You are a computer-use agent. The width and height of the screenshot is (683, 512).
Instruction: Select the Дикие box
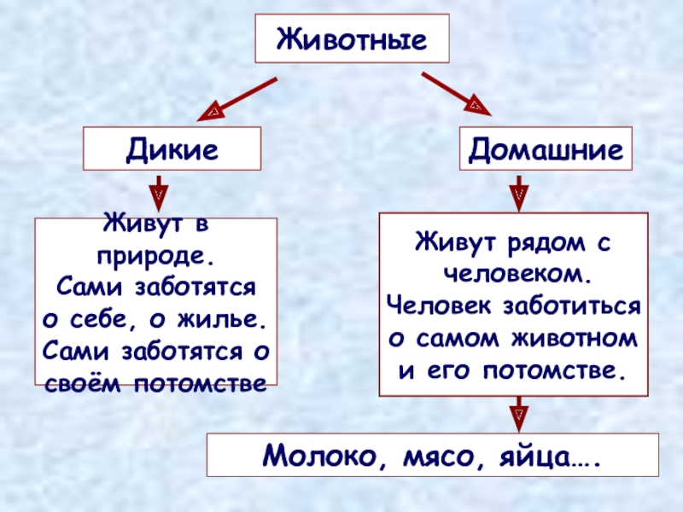172,148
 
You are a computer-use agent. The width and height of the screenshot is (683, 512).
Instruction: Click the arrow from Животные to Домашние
455,94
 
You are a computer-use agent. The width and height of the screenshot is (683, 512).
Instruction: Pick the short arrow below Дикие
158,193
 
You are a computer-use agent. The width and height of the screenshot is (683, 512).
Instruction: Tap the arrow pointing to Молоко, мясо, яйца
517,415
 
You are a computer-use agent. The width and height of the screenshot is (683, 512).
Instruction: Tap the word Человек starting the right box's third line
435,305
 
